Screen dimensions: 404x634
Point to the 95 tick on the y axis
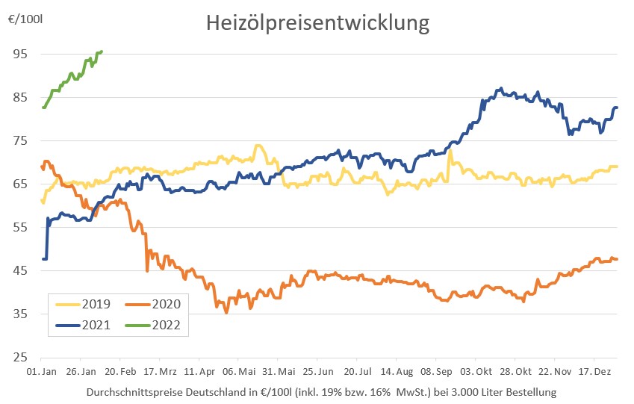(x=19, y=55)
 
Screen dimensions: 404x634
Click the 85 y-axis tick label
(x=19, y=98)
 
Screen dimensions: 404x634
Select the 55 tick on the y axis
(x=19, y=227)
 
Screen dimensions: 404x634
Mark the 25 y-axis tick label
(x=19, y=357)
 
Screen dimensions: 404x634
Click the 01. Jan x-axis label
(x=42, y=371)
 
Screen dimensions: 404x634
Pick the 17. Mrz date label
(x=159, y=371)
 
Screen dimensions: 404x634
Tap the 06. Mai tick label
(x=240, y=371)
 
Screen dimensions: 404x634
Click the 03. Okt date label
(x=476, y=371)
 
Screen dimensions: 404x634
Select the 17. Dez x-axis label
(x=596, y=371)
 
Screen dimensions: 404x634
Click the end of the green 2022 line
(x=101, y=52)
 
